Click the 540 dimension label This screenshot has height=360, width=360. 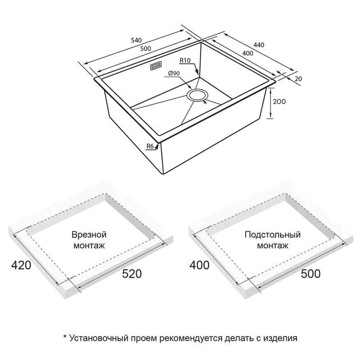(136, 40)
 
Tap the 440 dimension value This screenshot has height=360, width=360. (259, 45)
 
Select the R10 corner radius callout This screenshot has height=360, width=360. (185, 60)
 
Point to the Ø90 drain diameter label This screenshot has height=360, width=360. (174, 73)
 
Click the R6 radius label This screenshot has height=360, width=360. (150, 146)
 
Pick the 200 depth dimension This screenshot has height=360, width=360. (279, 101)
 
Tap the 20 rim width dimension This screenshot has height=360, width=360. (298, 79)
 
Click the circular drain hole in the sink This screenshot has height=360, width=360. (197, 95)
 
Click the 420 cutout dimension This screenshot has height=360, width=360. (21, 265)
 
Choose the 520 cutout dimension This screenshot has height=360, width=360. (132, 274)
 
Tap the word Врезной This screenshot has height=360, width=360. (89, 235)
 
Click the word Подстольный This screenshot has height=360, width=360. (273, 235)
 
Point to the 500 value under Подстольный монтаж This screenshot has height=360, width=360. (310, 274)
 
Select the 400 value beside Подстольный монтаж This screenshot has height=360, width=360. (199, 265)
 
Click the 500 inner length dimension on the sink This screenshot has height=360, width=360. (145, 49)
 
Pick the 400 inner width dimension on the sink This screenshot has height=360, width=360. (248, 53)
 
